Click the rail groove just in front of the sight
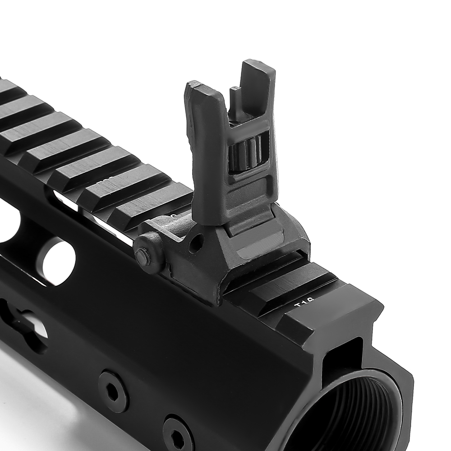pos(271,280)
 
